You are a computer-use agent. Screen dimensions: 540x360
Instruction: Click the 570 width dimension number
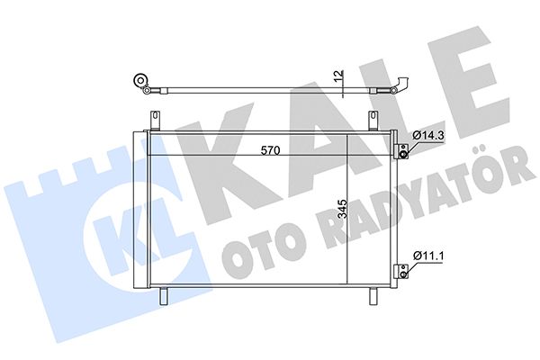pyautogui.click(x=270, y=150)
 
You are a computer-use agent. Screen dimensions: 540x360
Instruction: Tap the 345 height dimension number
pyautogui.click(x=342, y=209)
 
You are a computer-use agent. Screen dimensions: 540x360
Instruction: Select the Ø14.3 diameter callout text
pyautogui.click(x=428, y=136)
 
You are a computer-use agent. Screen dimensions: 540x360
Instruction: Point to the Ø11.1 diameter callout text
pyautogui.click(x=428, y=256)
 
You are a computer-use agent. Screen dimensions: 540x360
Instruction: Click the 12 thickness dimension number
pyautogui.click(x=339, y=76)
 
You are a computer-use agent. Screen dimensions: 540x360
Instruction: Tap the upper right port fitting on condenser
pyautogui.click(x=402, y=151)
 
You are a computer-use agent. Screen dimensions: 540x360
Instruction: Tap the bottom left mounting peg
pyautogui.click(x=163, y=296)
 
